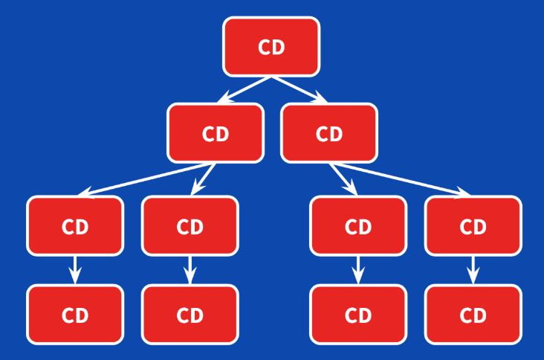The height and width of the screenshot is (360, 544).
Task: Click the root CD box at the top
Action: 271,47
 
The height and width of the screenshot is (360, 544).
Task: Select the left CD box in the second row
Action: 216,133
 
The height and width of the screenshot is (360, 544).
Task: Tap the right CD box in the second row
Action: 329,133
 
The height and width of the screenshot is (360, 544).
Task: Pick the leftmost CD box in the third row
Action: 75,226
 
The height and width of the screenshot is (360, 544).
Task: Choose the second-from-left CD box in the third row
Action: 190,226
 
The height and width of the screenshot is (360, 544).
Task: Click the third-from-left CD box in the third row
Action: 358,226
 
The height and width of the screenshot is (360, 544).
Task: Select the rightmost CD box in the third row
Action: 473,226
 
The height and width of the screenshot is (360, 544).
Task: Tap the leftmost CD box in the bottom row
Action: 75,315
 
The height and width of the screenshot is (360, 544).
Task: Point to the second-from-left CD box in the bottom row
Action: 190,315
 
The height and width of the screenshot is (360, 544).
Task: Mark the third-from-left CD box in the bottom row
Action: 358,315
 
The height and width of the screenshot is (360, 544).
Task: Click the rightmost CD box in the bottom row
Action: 473,315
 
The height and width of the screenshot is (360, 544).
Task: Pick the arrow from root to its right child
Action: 299,90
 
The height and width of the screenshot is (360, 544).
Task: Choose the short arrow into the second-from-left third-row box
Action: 203,179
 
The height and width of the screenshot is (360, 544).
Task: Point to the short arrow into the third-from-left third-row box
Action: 343,179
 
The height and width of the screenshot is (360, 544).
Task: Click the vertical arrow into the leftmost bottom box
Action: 75,269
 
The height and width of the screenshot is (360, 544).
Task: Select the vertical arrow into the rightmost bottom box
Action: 473,269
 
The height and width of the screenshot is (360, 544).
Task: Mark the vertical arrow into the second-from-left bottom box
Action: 190,269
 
